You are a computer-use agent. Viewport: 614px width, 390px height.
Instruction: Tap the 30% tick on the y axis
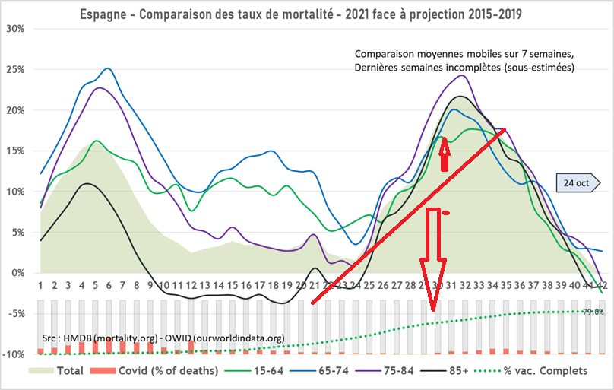coord(15,28)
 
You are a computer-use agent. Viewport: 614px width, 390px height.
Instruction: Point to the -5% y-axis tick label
coord(15,313)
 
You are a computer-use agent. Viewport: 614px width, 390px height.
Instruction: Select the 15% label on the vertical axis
coord(15,151)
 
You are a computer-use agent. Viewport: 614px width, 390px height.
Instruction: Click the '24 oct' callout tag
coord(577,183)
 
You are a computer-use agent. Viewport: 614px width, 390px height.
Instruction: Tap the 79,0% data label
coord(593,311)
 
